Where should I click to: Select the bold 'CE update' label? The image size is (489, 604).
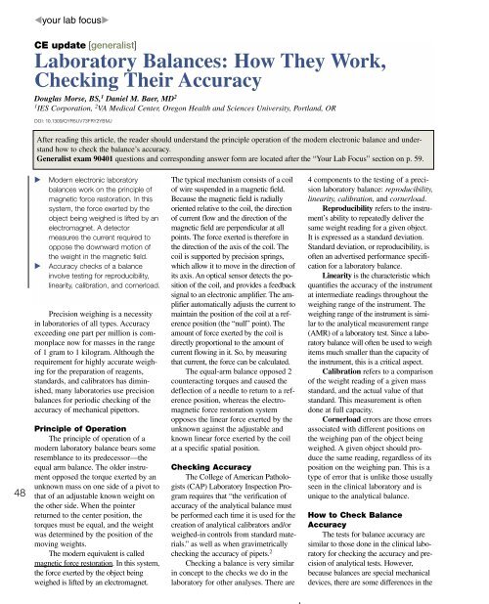point(64,45)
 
